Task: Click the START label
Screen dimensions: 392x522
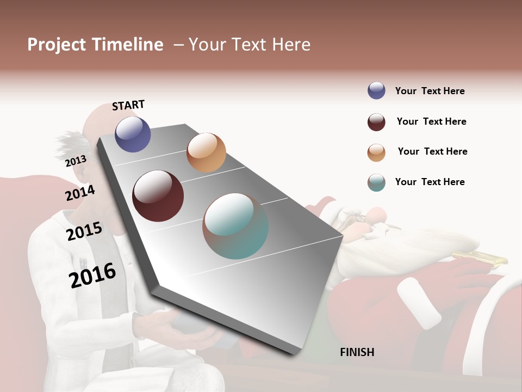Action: point(128,105)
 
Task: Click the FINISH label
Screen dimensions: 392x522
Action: point(357,352)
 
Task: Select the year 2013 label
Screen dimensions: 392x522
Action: point(76,161)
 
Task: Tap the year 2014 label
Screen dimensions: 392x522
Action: point(80,193)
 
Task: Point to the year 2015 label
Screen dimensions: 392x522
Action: point(84,231)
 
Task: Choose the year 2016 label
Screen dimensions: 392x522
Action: point(92,275)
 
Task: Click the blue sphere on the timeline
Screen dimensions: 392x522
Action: point(133,134)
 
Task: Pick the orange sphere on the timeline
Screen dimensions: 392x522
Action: point(206,152)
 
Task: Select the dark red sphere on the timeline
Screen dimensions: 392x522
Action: point(158,196)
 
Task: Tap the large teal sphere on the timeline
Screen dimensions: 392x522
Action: point(235,226)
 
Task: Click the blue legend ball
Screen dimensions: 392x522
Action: point(376,91)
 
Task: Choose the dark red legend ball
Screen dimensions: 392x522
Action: point(376,122)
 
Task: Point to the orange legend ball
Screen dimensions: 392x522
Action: point(376,152)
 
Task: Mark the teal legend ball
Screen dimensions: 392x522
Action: point(376,183)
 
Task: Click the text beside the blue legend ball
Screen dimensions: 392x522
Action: point(430,91)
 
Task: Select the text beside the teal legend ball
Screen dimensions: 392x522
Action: point(430,182)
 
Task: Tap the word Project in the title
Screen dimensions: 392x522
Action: point(57,45)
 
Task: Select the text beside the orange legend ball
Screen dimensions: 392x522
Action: point(432,151)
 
